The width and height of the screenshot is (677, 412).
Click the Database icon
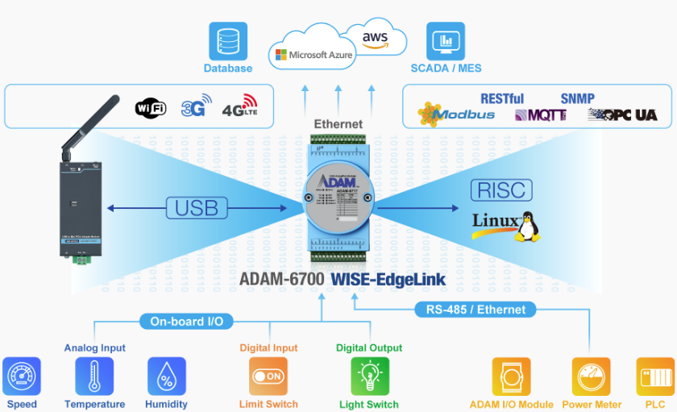[x=228, y=41]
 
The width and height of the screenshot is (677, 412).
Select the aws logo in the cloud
[x=375, y=40]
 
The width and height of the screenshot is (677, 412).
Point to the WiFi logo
[x=151, y=108]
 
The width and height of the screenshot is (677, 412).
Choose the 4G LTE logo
[x=239, y=106]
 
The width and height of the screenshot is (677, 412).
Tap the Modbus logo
[x=456, y=114]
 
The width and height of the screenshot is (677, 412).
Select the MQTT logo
[x=540, y=115]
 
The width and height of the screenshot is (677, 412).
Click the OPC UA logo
[x=622, y=115]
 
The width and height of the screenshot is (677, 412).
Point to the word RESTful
[x=501, y=98]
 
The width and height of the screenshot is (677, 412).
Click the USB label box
[x=197, y=208]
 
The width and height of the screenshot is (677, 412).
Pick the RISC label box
[x=500, y=190]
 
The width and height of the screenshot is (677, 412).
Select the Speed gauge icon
[x=22, y=377]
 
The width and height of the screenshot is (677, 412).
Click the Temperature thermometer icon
[x=94, y=377]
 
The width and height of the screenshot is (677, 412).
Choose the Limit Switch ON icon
[x=268, y=377]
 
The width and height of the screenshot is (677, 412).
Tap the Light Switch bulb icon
[x=369, y=377]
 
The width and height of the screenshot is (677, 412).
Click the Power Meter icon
[x=592, y=377]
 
